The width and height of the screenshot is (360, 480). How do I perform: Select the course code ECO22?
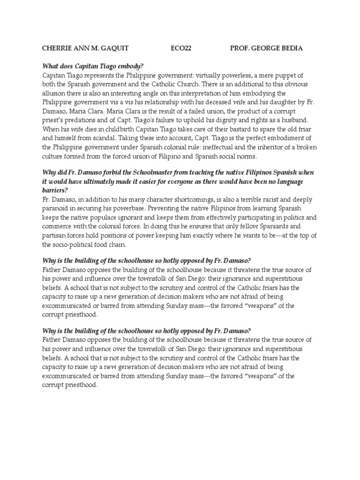(x=180, y=48)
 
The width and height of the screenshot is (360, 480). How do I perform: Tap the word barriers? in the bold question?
(x=55, y=191)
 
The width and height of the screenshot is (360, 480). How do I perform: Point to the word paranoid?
(x=56, y=209)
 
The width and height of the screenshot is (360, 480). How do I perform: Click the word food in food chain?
(x=107, y=244)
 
